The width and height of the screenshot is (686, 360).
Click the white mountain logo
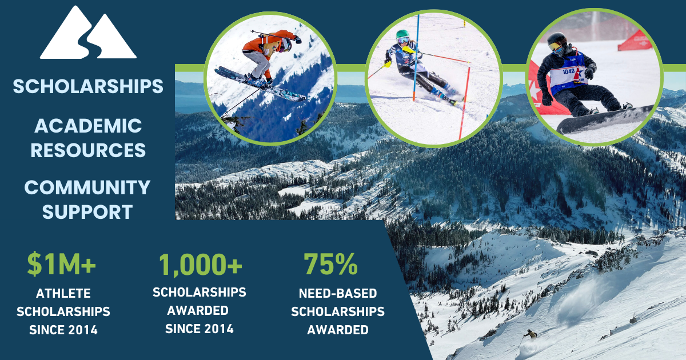[88, 33]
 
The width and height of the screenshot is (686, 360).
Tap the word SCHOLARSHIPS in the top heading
[88, 86]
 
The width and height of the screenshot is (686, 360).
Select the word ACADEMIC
[88, 126]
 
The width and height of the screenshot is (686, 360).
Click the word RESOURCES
[88, 150]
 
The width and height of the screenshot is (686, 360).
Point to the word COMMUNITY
[87, 187]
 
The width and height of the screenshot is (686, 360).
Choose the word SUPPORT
[87, 212]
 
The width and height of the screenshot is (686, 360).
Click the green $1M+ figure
[62, 264]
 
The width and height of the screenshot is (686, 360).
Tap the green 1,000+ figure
[201, 265]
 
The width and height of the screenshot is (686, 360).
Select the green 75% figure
[331, 264]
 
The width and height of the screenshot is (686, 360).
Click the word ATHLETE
[63, 294]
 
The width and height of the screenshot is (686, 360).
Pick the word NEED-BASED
[338, 294]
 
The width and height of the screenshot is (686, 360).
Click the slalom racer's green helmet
[402, 35]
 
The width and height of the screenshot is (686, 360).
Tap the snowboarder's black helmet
[556, 39]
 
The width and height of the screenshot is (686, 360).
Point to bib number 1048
[568, 71]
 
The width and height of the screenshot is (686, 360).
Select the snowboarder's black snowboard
[604, 120]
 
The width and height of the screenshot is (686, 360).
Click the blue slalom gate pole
[416, 58]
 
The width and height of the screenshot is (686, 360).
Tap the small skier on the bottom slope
[531, 334]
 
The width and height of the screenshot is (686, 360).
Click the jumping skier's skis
[260, 84]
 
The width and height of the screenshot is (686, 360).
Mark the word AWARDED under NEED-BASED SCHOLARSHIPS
[338, 330]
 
